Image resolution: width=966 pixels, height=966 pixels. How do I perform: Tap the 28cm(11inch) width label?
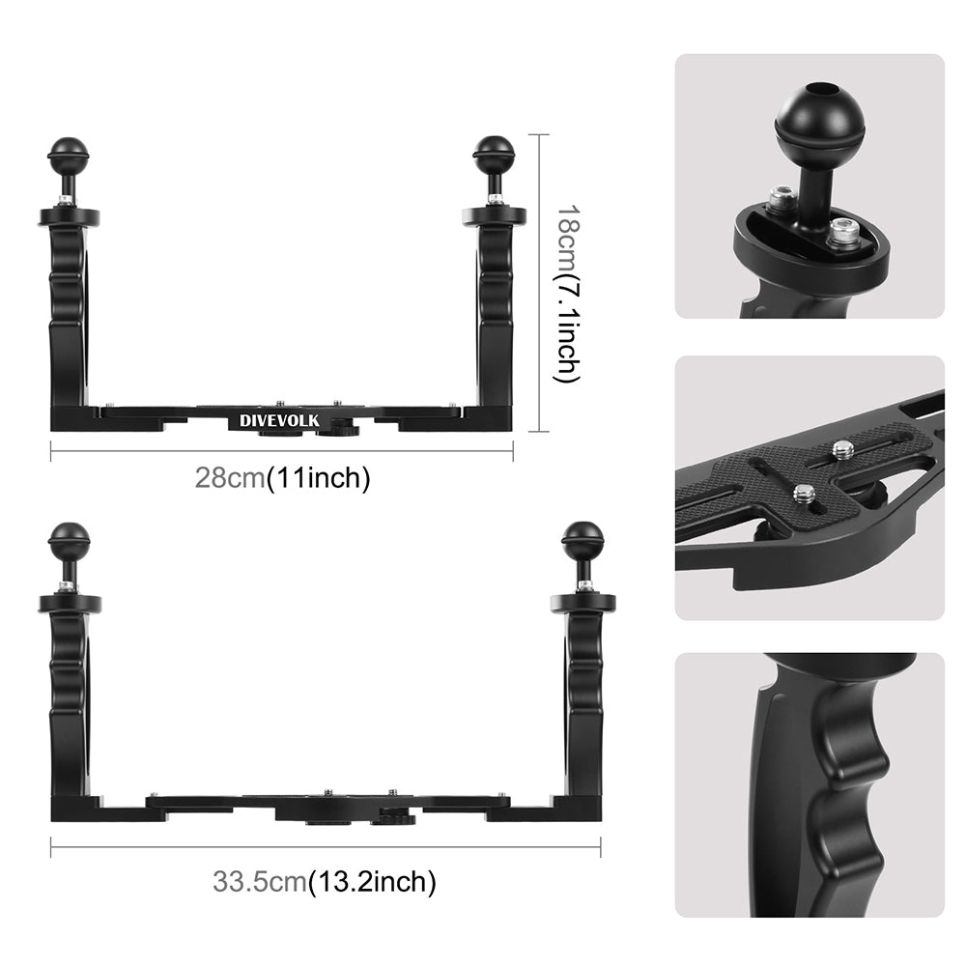click(x=282, y=478)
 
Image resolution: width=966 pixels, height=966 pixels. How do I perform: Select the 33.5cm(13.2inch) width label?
click(x=324, y=880)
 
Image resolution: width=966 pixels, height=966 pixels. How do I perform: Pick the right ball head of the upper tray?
click(x=494, y=153)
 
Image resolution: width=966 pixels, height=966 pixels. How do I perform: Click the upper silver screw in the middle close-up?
click(x=843, y=449)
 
